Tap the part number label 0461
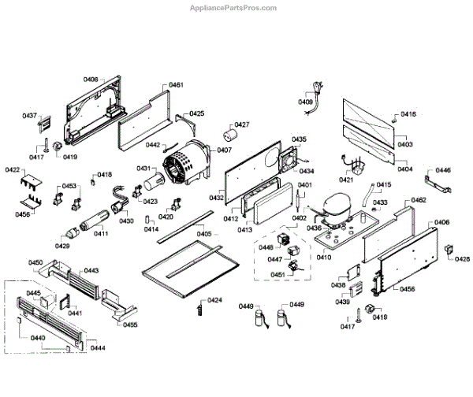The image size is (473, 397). (x=176, y=85)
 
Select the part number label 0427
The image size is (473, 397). (x=241, y=124)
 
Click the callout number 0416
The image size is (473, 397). (x=408, y=114)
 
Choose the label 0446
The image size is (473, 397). (x=443, y=170)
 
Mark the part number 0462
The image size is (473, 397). (x=418, y=201)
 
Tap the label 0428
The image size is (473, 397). (x=462, y=259)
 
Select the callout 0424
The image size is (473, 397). (x=214, y=301)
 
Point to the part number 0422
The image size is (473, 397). (x=13, y=170)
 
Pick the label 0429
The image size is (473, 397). (x=62, y=246)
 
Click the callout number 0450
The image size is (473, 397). (x=35, y=262)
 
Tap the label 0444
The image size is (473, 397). (x=97, y=347)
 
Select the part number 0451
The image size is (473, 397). (x=277, y=275)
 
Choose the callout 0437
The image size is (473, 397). (x=30, y=116)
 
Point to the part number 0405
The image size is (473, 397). (x=204, y=234)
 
